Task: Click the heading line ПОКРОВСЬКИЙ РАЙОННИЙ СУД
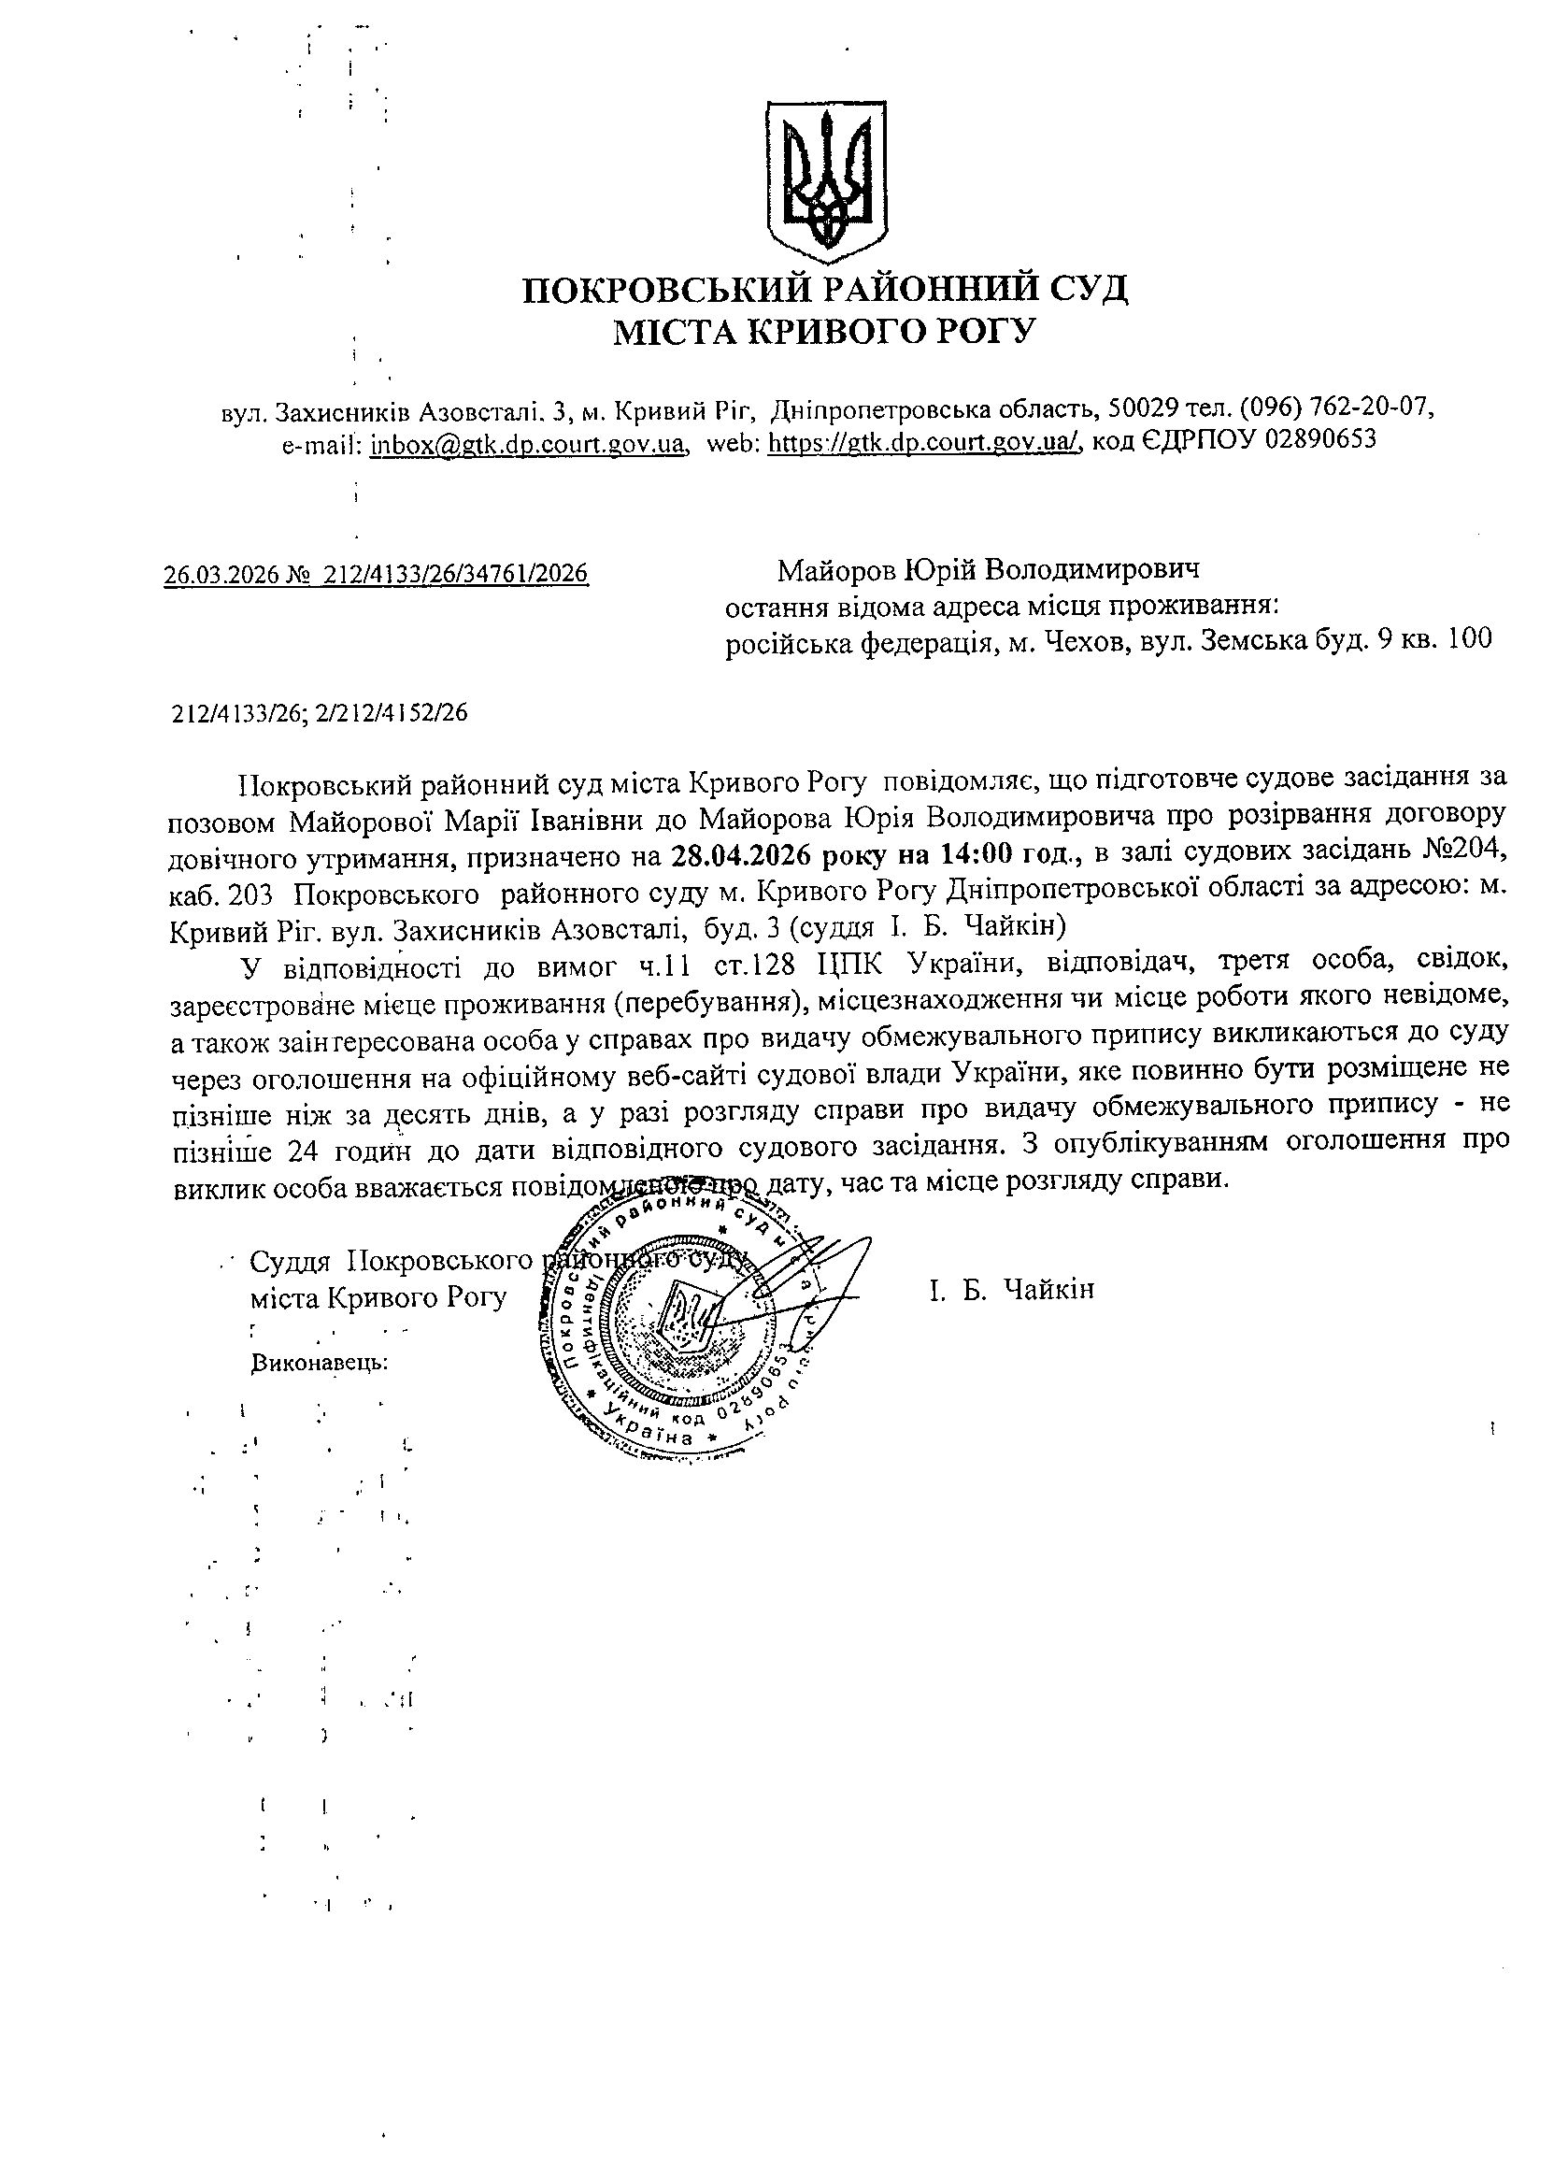click(x=824, y=289)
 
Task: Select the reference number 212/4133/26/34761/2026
click(x=455, y=574)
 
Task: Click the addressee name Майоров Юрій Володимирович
click(x=989, y=570)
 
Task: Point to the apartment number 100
click(x=1468, y=640)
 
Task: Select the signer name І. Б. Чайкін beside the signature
click(x=1012, y=1290)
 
